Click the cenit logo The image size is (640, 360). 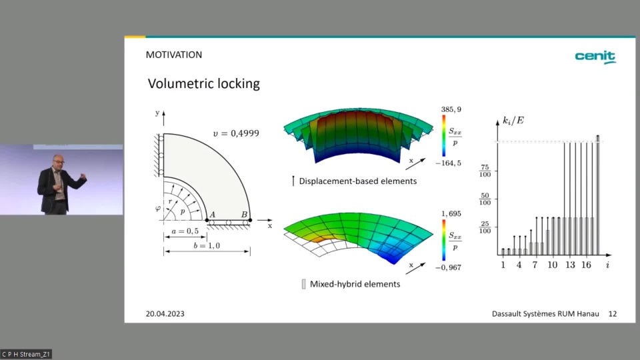coord(595,57)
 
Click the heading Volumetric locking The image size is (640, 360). coord(204,84)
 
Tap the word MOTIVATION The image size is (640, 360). coord(174,55)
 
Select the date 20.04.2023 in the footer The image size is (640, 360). coord(165,313)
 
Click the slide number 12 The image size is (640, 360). coord(612,313)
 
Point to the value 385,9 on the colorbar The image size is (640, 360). coord(451,109)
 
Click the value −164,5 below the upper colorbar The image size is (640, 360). coord(448,163)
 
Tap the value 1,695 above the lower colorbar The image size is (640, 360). coord(451,213)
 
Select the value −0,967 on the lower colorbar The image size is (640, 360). coord(448,267)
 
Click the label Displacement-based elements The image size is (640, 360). coord(358,181)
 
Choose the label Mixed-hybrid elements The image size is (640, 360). coord(355,284)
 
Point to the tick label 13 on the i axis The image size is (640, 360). coord(570,265)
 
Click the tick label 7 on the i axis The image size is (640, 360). coord(535,265)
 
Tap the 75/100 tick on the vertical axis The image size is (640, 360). coord(485,171)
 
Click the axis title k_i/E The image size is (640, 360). coord(513,121)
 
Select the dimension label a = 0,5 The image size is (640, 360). coord(185,231)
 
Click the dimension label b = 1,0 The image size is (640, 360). coord(207,246)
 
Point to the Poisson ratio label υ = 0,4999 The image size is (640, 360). coord(236,133)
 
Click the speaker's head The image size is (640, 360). coord(59,161)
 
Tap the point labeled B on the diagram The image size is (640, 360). coord(250,220)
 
